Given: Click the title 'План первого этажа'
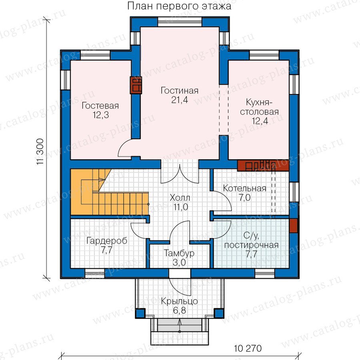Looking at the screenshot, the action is pyautogui.click(x=179, y=6).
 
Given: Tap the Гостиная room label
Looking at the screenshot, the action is pyautogui.click(x=180, y=91).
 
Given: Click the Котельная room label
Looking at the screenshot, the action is pyautogui.click(x=244, y=188).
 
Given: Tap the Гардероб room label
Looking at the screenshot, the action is pyautogui.click(x=107, y=241).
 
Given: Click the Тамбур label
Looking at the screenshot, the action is pyautogui.click(x=179, y=253).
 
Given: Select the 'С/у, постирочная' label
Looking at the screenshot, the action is pyautogui.click(x=252, y=240).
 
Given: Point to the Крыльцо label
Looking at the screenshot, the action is pyautogui.click(x=179, y=301).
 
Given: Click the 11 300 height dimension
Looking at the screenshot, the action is pyautogui.click(x=40, y=152).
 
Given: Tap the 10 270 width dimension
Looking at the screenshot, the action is pyautogui.click(x=248, y=348).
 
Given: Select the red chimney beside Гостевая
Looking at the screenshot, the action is pyautogui.click(x=136, y=85).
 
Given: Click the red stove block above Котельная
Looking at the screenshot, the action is pyautogui.click(x=263, y=166).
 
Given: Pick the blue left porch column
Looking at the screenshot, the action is pyautogui.click(x=140, y=313).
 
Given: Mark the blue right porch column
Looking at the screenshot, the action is pyautogui.click(x=219, y=313).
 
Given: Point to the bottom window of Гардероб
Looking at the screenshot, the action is pyautogui.click(x=94, y=274).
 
